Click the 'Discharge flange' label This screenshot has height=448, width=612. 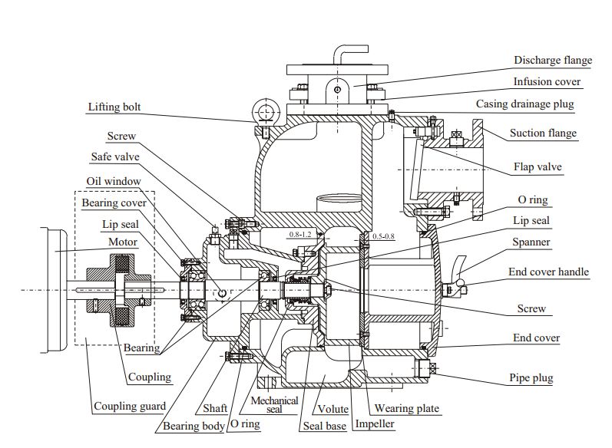553,61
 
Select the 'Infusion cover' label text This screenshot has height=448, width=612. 547,81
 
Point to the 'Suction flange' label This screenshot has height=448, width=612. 543,133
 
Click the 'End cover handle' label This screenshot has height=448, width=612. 548,272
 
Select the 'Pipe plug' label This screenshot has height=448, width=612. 531,378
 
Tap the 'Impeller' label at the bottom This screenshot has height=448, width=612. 374,424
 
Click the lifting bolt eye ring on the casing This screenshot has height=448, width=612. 266,114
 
